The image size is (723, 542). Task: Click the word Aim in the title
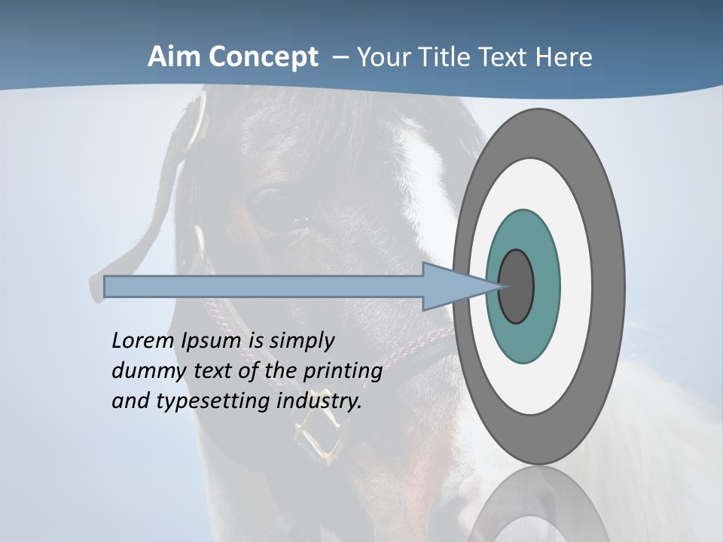tap(172, 57)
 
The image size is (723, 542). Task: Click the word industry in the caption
tap(319, 401)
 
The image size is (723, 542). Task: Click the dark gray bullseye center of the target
tap(517, 287)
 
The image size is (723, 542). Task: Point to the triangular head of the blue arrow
tap(452, 287)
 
